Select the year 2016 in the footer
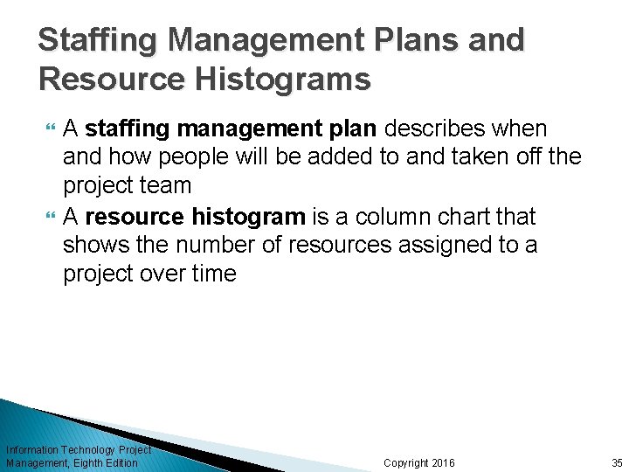tap(443, 462)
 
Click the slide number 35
tap(617, 462)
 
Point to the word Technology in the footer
tap(87, 449)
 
